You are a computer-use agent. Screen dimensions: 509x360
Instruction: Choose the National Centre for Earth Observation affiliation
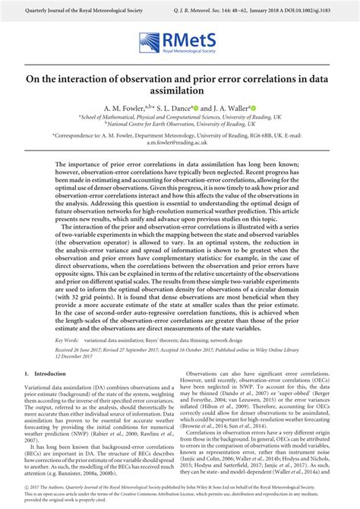tap(180, 125)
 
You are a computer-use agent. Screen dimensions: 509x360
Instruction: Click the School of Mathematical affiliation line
tap(180, 118)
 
